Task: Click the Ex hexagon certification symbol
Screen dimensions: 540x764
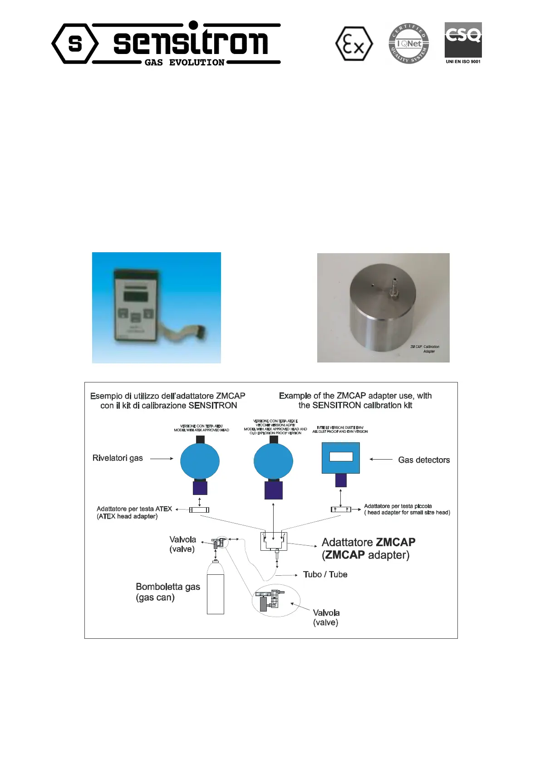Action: [x=354, y=44]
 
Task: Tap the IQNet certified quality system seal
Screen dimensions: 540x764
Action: [x=409, y=44]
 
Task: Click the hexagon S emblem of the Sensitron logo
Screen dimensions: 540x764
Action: [x=75, y=44]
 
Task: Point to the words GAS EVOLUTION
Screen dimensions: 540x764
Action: [x=184, y=63]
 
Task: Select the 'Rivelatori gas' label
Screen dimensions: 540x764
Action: [x=118, y=458]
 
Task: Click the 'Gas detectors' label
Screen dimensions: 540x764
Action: [x=424, y=460]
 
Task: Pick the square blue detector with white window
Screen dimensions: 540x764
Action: [x=341, y=458]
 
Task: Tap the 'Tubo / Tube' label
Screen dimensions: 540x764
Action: [x=325, y=575]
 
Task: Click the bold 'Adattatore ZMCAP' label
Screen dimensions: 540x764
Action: [x=368, y=543]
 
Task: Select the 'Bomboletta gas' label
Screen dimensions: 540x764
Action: [x=168, y=587]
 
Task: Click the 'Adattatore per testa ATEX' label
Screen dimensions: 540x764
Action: [x=134, y=509]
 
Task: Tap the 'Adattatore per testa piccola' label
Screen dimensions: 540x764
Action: [x=398, y=506]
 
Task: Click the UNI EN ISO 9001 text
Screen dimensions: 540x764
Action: [x=463, y=62]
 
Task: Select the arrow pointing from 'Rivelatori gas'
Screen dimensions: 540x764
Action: [x=162, y=459]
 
